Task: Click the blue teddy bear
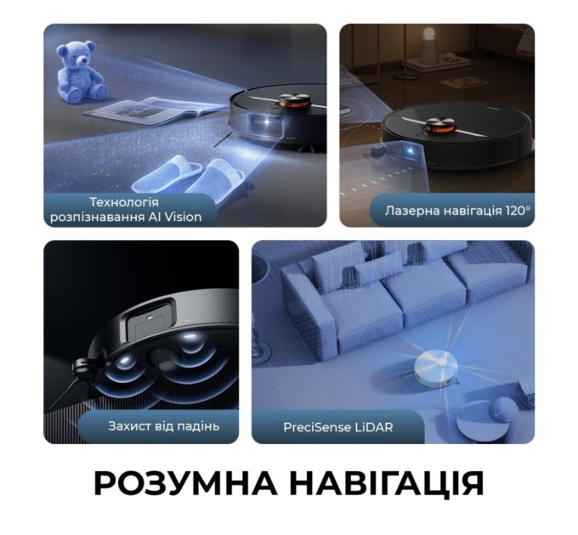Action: coord(80,71)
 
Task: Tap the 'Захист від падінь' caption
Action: coord(163,425)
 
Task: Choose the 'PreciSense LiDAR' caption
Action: coord(338,426)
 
